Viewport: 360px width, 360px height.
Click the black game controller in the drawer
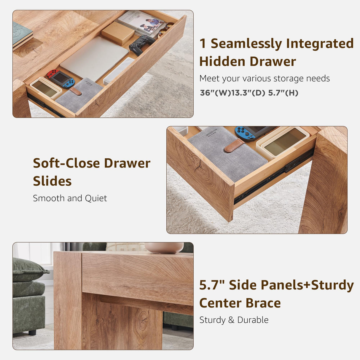point(142,44)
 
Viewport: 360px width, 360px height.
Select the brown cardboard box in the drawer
point(118,33)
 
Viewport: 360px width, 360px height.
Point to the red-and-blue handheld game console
point(61,79)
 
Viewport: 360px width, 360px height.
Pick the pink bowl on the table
point(164,247)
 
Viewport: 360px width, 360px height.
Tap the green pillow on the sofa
point(28,270)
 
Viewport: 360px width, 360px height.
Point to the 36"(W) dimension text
point(214,93)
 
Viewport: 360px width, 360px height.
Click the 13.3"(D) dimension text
point(248,93)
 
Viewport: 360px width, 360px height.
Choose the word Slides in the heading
point(52,181)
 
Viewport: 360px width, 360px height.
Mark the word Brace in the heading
point(263,303)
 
